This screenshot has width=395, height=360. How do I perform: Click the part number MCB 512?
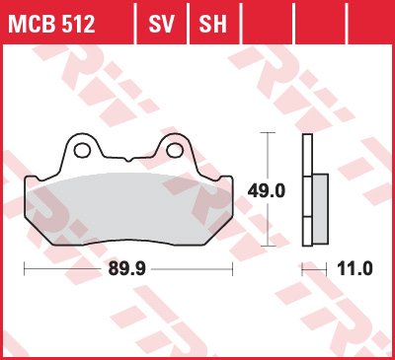coord(51,24)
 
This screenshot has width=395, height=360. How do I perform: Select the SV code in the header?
coord(161,24)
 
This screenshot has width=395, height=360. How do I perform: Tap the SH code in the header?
coord(213,24)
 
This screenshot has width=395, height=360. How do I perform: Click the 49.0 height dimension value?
coord(267,191)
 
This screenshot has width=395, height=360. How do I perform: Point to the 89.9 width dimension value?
coord(127,269)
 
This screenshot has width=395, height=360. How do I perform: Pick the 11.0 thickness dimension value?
coord(355,268)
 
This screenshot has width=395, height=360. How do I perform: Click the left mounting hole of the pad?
coord(82,150)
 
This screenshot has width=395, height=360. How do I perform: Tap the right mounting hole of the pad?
coord(175,150)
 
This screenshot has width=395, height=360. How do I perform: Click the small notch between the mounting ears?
coord(128,160)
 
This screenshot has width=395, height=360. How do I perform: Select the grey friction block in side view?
coord(320,209)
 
